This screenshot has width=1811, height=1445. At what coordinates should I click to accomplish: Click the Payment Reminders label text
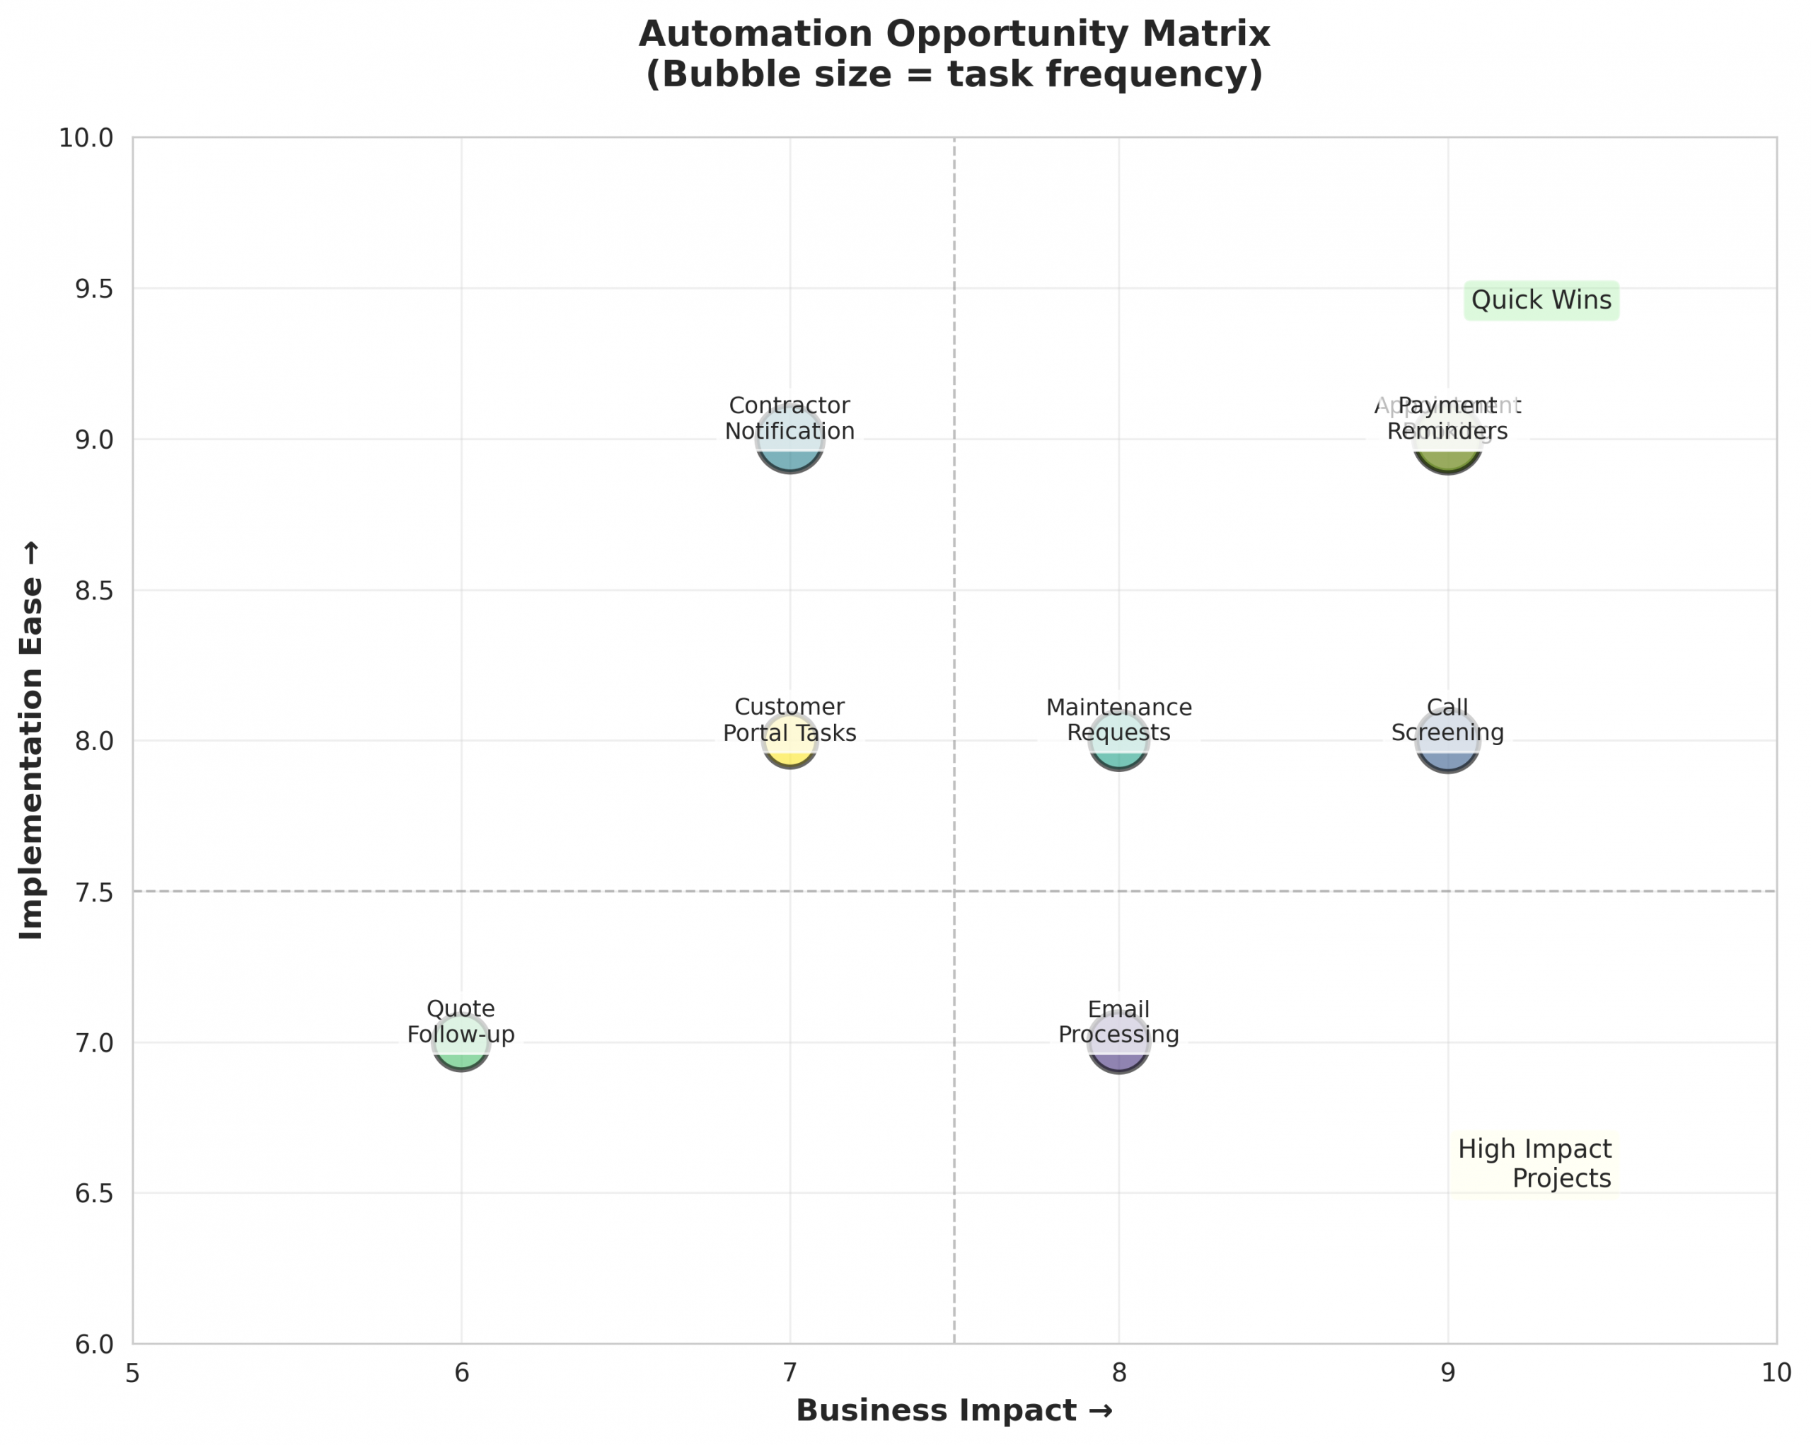[x=1447, y=418]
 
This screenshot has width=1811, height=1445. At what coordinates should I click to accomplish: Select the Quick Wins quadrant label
[x=1541, y=300]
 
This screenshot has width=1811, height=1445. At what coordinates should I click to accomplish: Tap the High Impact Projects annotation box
[x=1534, y=1163]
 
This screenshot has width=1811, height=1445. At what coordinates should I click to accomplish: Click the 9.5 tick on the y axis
[x=94, y=289]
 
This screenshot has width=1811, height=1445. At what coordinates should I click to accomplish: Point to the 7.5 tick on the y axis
[x=94, y=892]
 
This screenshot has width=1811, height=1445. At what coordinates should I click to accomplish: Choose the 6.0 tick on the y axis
[x=94, y=1345]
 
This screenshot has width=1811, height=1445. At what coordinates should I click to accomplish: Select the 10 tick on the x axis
[x=1776, y=1374]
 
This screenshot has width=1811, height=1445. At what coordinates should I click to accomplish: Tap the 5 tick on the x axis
[x=133, y=1374]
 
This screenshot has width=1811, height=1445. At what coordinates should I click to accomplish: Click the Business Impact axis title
[x=954, y=1410]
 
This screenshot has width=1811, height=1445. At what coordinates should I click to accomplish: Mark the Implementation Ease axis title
[x=32, y=739]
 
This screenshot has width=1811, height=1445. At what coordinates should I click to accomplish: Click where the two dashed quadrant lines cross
[x=954, y=892]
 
